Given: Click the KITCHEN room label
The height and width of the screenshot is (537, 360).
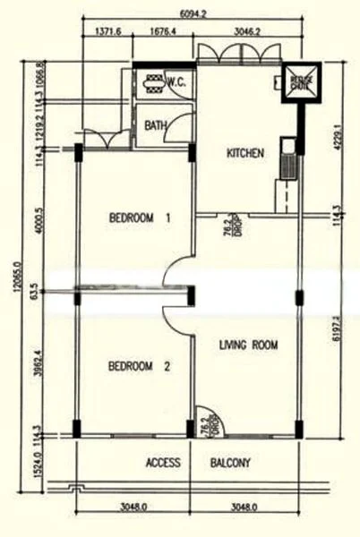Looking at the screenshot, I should coord(244,153).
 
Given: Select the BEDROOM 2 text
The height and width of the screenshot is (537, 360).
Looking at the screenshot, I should coord(139,366).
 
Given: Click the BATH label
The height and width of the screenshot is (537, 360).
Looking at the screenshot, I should coord(155,126).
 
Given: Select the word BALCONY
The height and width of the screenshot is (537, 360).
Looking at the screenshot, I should coord(230,464).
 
